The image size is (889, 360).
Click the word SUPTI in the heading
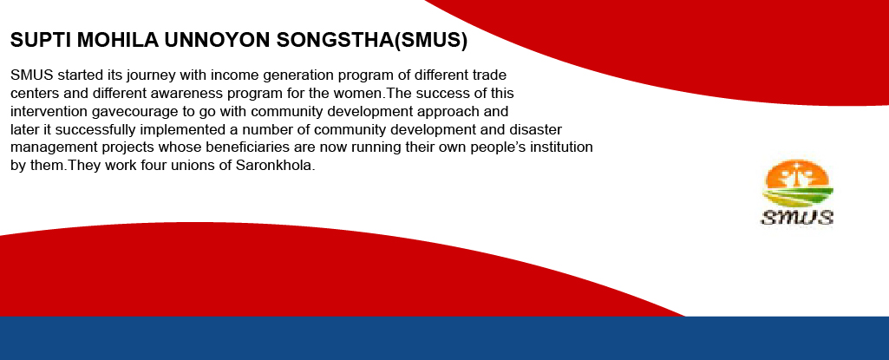coord(41,40)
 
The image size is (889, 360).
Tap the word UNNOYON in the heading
coord(216,40)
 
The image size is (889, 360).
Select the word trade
coord(488,75)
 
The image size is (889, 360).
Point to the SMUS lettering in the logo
coord(797,217)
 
